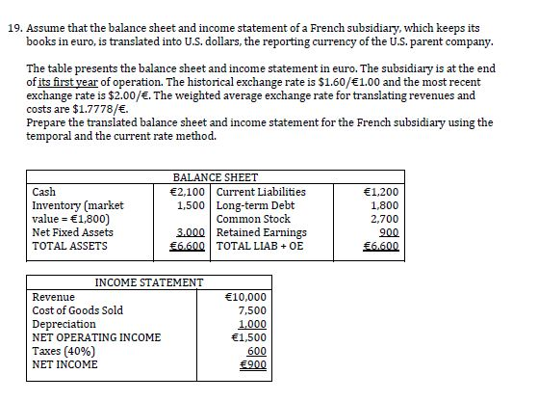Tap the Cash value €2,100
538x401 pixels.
[x=191, y=192]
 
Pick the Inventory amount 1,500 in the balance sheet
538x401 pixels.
[x=194, y=205]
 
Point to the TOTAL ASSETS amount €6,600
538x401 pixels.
[x=191, y=246]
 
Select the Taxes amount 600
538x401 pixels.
[x=256, y=351]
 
